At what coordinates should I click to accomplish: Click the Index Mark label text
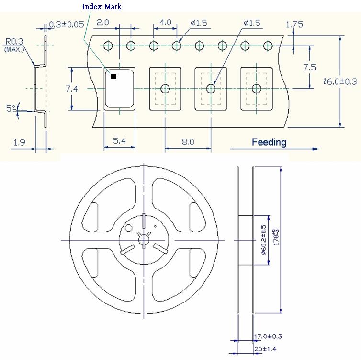(102, 7)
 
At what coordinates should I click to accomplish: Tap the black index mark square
(113, 77)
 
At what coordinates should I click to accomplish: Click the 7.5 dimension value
(310, 67)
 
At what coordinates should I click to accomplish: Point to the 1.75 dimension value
(294, 24)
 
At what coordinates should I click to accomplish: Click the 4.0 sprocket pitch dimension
(165, 23)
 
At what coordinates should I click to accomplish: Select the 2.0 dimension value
(103, 23)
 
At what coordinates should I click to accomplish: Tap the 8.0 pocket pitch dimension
(188, 142)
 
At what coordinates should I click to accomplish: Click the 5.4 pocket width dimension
(119, 141)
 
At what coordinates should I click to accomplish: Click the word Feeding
(269, 142)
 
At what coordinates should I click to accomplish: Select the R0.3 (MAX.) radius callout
(15, 44)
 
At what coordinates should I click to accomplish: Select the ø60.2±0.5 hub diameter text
(263, 240)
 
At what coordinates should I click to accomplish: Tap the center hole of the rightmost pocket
(257, 88)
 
